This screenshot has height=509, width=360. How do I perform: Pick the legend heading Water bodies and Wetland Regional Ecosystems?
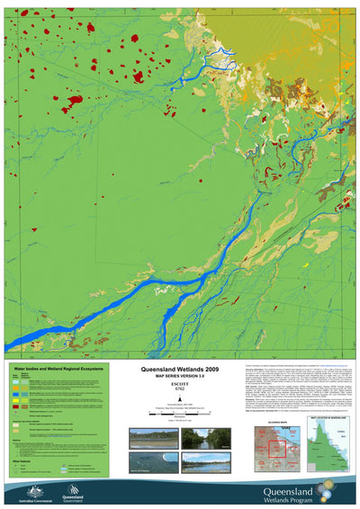pos(57,370)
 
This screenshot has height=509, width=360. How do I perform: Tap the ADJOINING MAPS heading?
pos(274,419)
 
